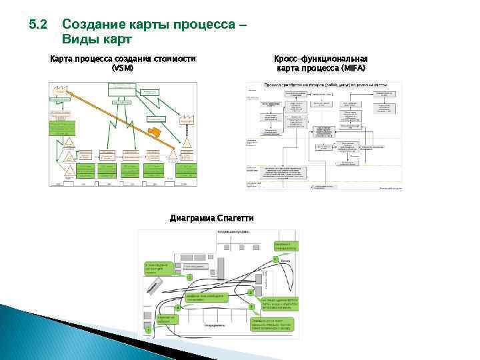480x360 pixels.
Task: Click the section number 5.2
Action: [37, 25]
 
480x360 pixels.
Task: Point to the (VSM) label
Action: [123, 68]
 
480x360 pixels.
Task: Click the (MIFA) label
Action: [353, 68]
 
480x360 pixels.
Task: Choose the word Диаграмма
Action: [192, 218]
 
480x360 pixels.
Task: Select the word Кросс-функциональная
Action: [321, 59]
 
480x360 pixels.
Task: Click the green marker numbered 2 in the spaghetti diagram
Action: [250, 293]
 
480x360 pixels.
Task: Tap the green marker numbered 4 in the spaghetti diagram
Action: [177, 308]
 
